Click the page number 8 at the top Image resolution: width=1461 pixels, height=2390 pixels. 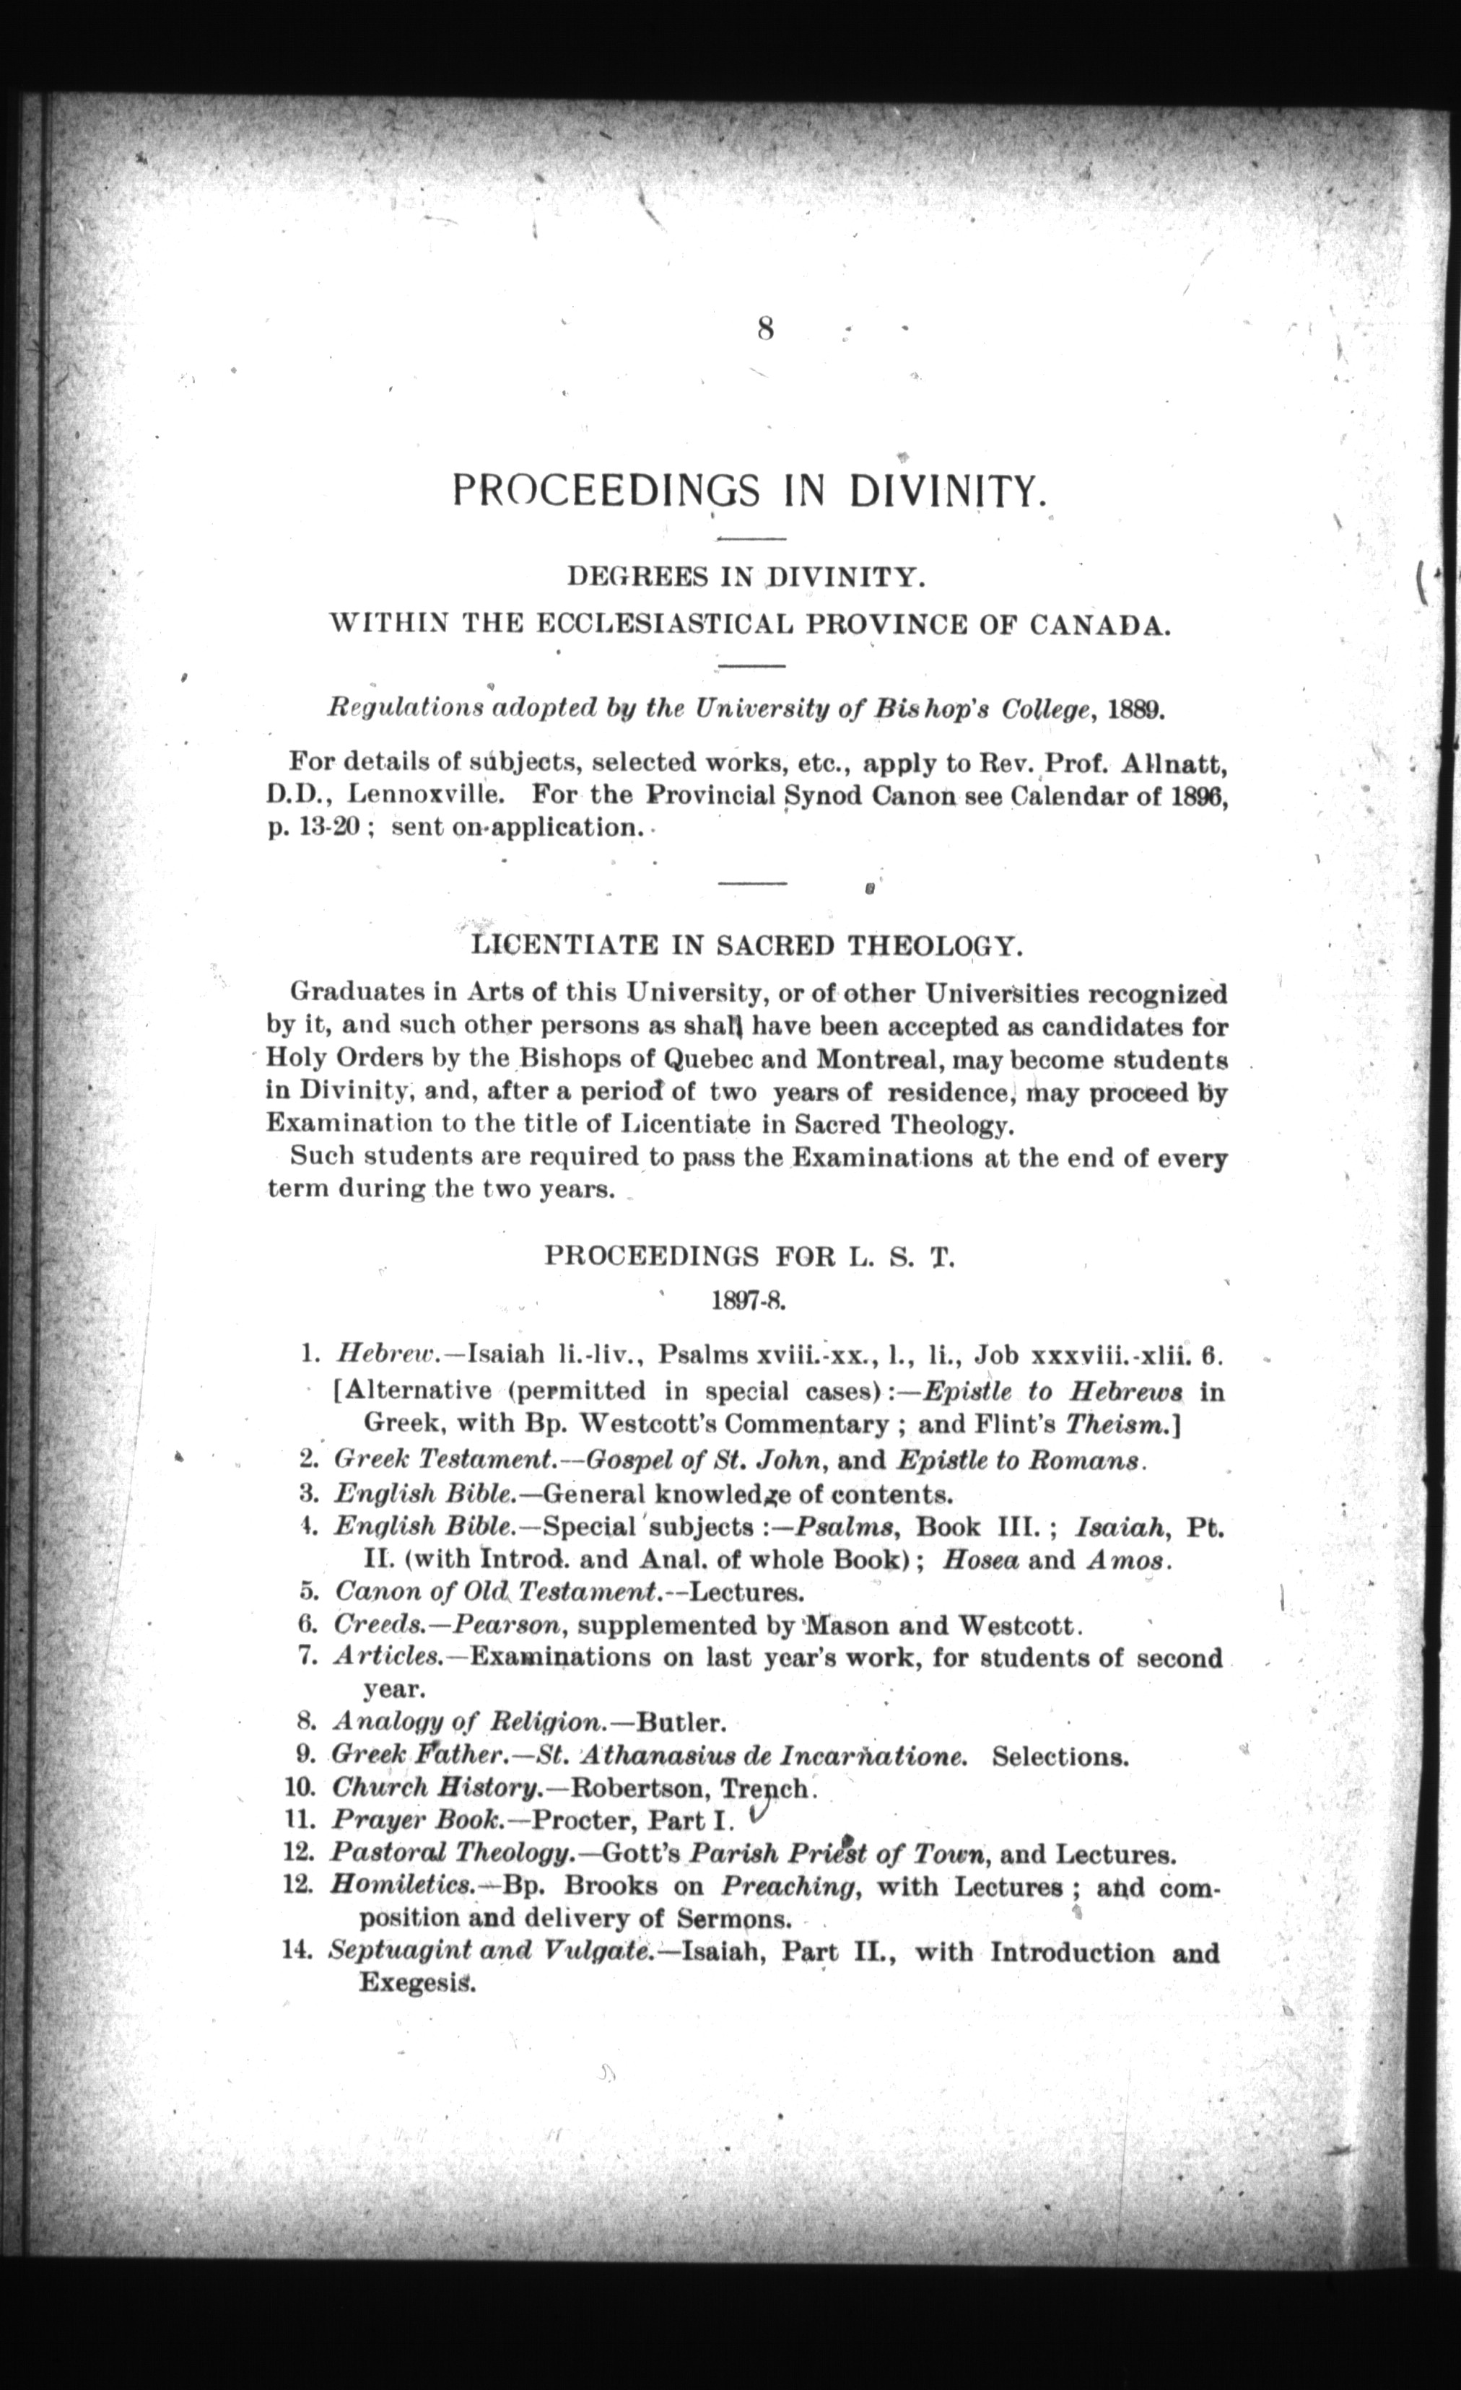point(764,330)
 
